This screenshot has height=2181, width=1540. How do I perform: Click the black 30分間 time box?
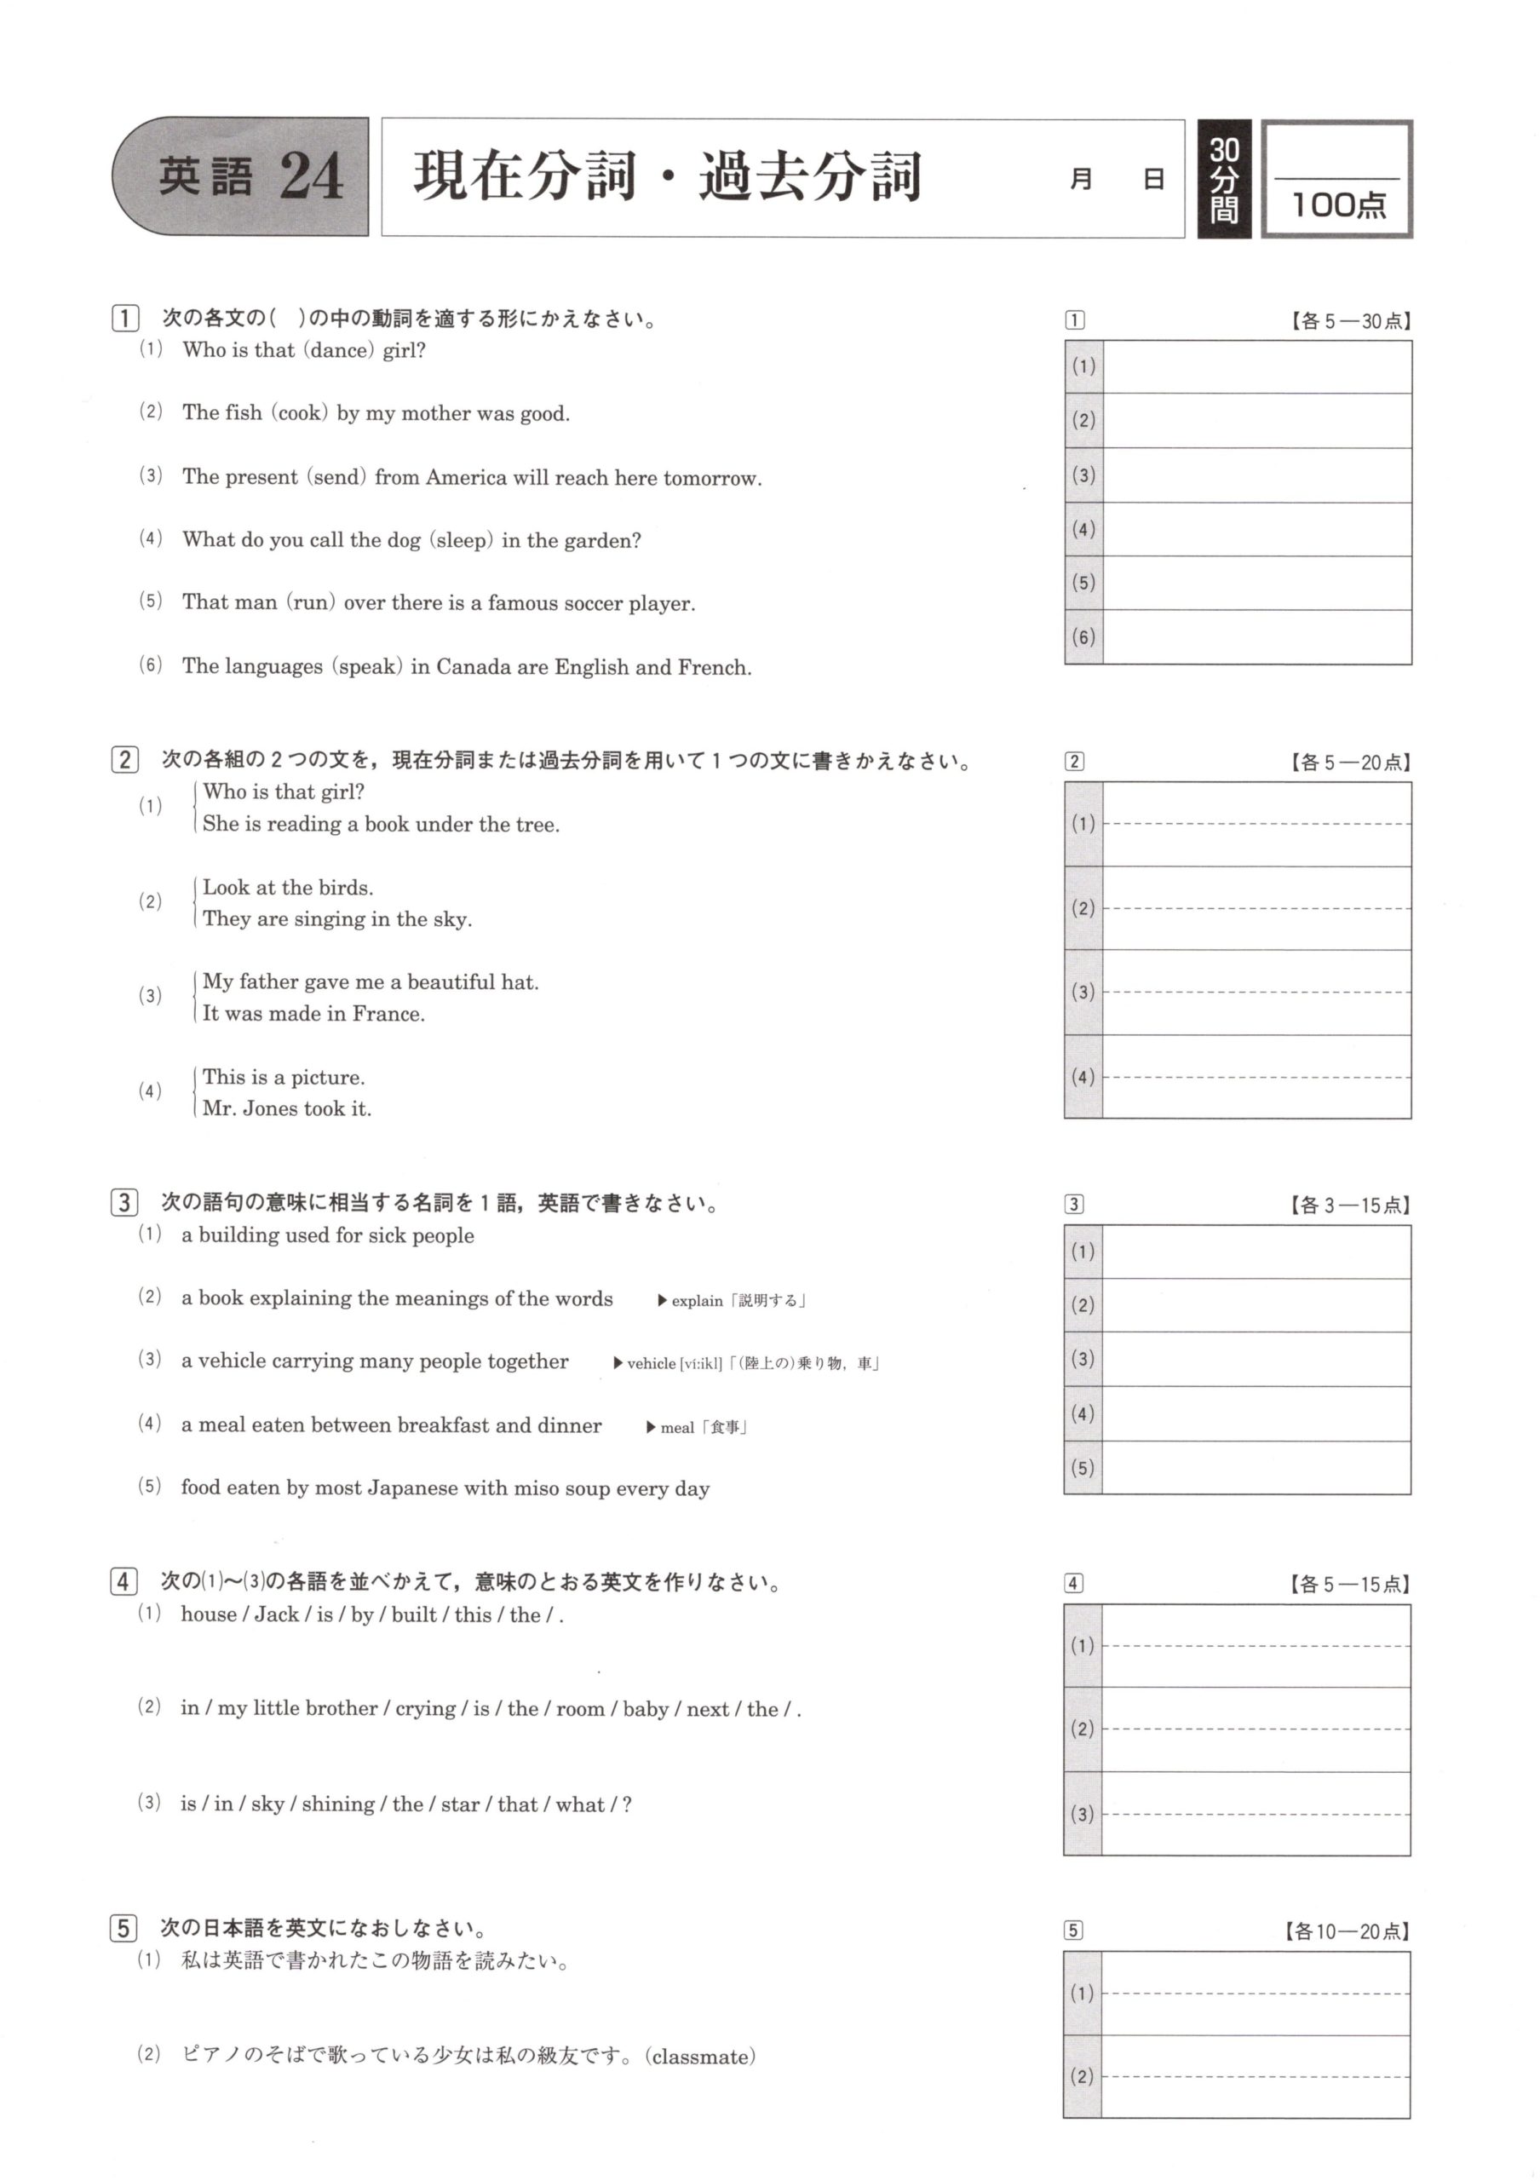[x=1224, y=179]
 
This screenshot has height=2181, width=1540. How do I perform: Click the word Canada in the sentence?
[x=470, y=668]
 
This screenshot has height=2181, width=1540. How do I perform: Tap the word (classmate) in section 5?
[x=701, y=2057]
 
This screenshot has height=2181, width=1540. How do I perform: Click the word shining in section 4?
[x=337, y=1804]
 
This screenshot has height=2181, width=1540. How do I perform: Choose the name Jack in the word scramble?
[x=276, y=1614]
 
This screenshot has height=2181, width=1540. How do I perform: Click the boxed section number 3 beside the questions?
[x=124, y=1203]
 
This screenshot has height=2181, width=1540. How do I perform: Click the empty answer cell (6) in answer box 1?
[x=1256, y=637]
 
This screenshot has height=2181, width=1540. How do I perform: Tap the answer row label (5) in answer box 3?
[x=1083, y=1468]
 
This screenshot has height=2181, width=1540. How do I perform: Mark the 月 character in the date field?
[x=1080, y=180]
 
